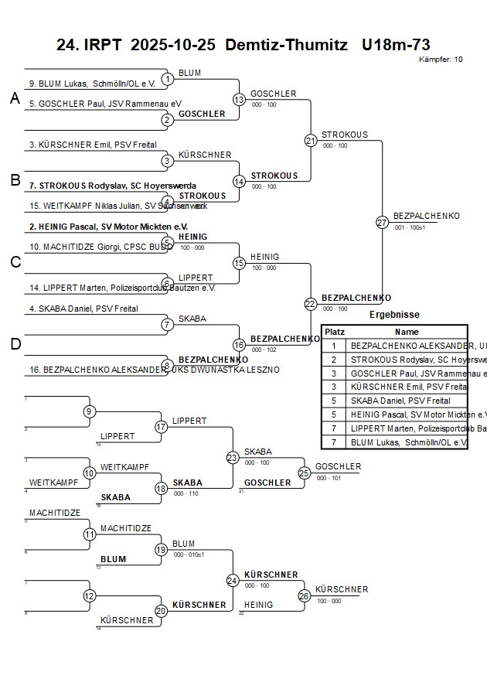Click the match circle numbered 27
pyautogui.click(x=382, y=223)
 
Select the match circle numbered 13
pyautogui.click(x=239, y=100)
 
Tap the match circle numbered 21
pyautogui.click(x=311, y=141)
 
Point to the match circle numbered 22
pyautogui.click(x=311, y=304)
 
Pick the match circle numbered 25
pyautogui.click(x=305, y=472)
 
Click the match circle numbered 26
pyautogui.click(x=305, y=595)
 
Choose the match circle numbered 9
pyautogui.click(x=90, y=411)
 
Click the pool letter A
pyautogui.click(x=15, y=98)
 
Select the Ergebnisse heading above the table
pyautogui.click(x=394, y=315)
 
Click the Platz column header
pyautogui.click(x=335, y=331)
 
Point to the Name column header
pyautogui.click(x=407, y=331)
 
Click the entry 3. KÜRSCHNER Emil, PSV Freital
pyautogui.click(x=93, y=145)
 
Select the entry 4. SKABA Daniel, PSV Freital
pyautogui.click(x=83, y=309)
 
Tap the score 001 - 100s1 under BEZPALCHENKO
pyautogui.click(x=410, y=228)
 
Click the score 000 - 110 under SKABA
pyautogui.click(x=186, y=493)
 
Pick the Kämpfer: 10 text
pyautogui.click(x=441, y=60)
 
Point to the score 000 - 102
pyautogui.click(x=264, y=350)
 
